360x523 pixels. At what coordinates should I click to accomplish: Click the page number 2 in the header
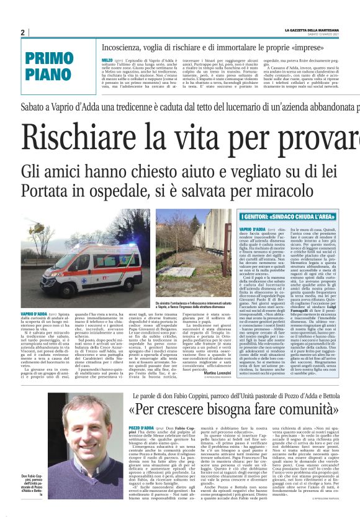pyautogui.click(x=22, y=32)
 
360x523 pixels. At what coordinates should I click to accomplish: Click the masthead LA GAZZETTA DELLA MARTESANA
pyautogui.click(x=322, y=30)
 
